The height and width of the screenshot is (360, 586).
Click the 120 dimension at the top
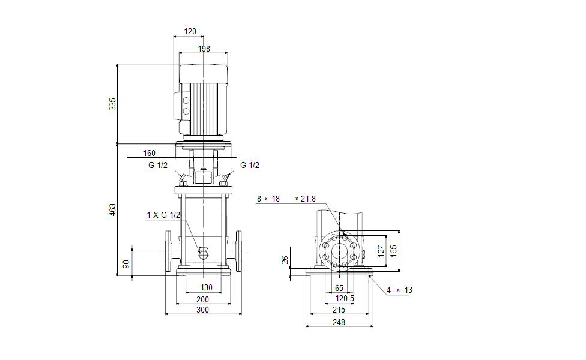(190, 31)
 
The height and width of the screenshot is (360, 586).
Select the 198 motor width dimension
(204, 49)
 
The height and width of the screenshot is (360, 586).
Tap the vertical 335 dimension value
(112, 104)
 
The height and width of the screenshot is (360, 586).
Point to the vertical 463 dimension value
(112, 210)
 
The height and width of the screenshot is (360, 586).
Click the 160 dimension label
(150, 154)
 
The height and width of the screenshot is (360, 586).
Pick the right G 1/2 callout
(250, 166)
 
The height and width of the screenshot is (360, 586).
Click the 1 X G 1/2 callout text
(163, 215)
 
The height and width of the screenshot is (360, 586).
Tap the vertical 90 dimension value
(125, 263)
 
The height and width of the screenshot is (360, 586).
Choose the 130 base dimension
(206, 288)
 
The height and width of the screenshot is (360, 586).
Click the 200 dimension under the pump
(203, 299)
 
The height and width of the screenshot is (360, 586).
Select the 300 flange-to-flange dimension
(203, 310)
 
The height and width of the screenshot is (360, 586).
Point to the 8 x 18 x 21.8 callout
(286, 199)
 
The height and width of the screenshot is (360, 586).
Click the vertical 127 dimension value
(381, 251)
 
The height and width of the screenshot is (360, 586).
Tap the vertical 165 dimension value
(394, 251)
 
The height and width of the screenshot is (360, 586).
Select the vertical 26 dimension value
(285, 260)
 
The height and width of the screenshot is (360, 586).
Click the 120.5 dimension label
(344, 298)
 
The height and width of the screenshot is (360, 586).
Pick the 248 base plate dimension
(339, 322)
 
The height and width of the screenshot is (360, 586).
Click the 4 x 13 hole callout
(399, 290)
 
